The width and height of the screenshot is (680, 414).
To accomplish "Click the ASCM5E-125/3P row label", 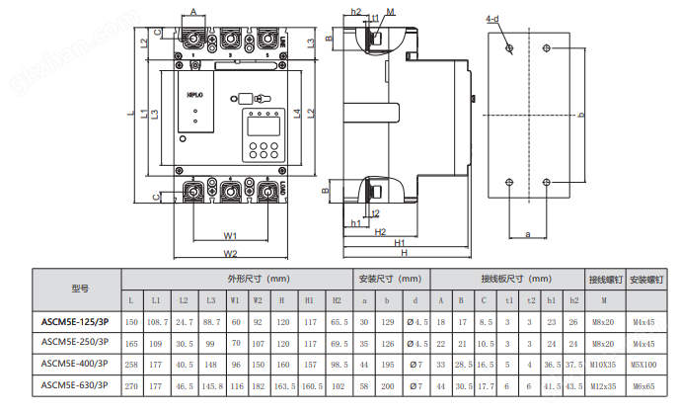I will coord(75,322).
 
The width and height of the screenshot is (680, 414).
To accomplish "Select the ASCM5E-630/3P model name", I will coord(75,384).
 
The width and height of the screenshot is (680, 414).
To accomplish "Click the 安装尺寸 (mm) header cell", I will coord(391,279).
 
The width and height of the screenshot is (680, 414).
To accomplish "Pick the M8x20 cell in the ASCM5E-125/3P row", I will coord(602,322).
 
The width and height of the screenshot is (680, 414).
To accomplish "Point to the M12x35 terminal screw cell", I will coord(602,384).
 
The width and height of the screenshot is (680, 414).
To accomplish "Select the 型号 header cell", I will coord(78,289).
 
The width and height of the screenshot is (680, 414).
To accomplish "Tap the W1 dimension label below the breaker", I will coord(229,236).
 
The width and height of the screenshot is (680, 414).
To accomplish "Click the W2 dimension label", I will coord(230,254).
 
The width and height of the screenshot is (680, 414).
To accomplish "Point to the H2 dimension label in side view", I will coord(380,232).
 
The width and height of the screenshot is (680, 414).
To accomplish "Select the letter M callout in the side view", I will coord(392,11).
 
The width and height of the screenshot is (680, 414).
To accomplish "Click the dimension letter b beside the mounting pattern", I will coord(582,116).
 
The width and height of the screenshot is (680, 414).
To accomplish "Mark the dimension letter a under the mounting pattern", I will coord(528,234).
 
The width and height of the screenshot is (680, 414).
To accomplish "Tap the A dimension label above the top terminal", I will coord(193,10).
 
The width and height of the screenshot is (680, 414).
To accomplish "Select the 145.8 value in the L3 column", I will coord(210,384).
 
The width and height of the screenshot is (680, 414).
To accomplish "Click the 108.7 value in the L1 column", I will coord(157,322).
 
